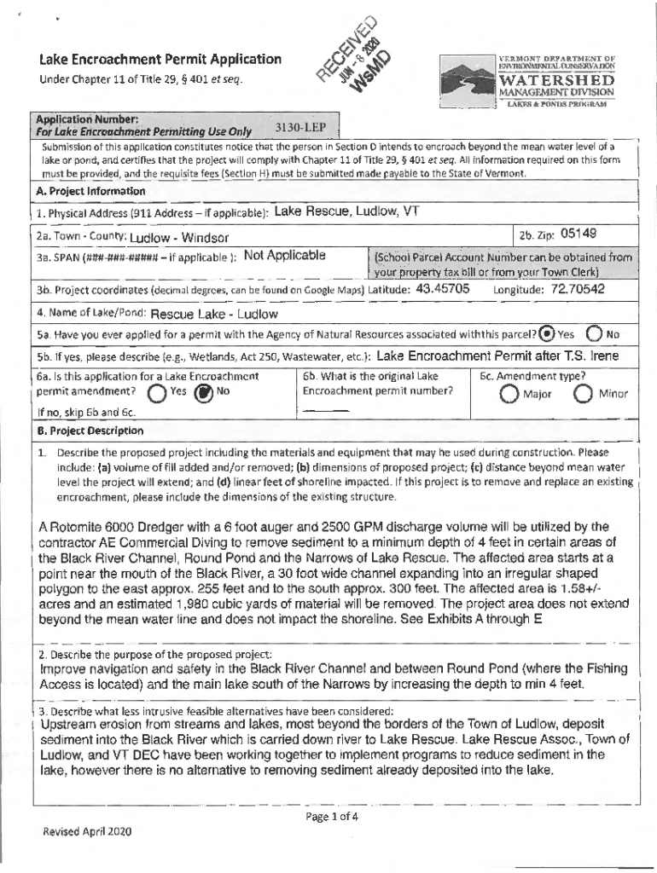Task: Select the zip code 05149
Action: pyautogui.click(x=579, y=234)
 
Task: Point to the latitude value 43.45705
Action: pyautogui.click(x=442, y=289)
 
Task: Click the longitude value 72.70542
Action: pyautogui.click(x=577, y=289)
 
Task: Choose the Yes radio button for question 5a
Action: pyautogui.click(x=549, y=333)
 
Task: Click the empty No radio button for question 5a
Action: pyautogui.click(x=595, y=333)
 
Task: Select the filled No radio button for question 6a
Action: pyautogui.click(x=203, y=393)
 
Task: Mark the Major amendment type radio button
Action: pyautogui.click(x=509, y=393)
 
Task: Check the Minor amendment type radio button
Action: pyautogui.click(x=584, y=393)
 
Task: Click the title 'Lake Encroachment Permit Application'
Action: pyautogui.click(x=160, y=60)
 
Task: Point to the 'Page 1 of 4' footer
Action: pyautogui.click(x=332, y=815)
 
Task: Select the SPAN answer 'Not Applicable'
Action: pyautogui.click(x=284, y=255)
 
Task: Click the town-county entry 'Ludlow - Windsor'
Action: pyautogui.click(x=179, y=237)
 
